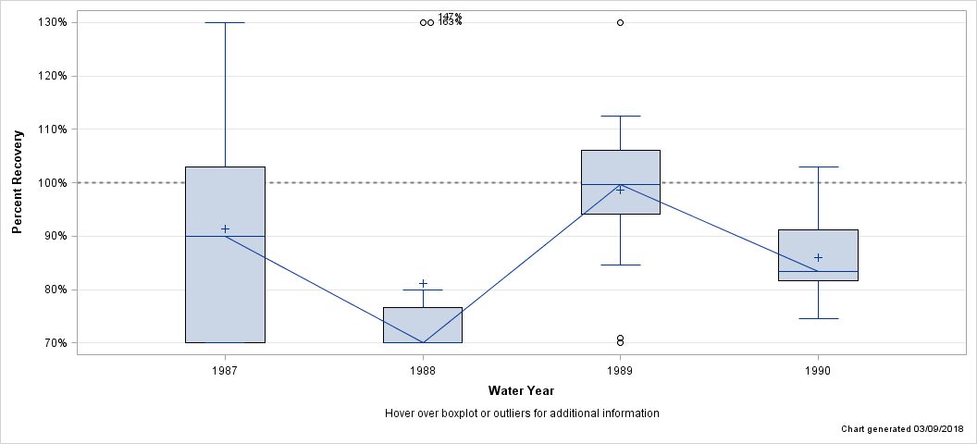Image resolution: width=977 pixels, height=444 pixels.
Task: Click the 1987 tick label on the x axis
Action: click(x=225, y=371)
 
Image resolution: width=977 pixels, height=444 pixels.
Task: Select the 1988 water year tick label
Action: click(x=423, y=371)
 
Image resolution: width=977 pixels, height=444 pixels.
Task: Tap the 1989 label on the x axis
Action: click(x=620, y=371)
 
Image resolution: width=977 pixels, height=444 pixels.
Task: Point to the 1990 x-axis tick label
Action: click(x=818, y=371)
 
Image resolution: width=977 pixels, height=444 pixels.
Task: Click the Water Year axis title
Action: click(x=521, y=390)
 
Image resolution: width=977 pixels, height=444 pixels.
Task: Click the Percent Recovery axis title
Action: click(x=18, y=181)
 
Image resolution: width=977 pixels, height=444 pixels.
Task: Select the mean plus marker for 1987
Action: click(x=225, y=228)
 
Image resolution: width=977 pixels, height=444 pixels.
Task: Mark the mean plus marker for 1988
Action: click(x=423, y=284)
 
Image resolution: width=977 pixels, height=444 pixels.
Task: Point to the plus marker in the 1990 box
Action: click(x=818, y=257)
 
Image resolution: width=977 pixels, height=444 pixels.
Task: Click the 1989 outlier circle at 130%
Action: click(x=620, y=22)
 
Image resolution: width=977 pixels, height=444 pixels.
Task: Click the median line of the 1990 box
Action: click(x=818, y=271)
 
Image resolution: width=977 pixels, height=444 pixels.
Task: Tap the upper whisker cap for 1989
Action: click(x=620, y=117)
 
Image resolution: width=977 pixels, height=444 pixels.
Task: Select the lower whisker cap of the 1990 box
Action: click(x=818, y=318)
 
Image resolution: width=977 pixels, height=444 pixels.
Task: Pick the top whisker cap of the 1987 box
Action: click(x=225, y=22)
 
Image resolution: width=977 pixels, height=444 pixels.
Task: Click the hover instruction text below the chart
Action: click(x=521, y=413)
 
